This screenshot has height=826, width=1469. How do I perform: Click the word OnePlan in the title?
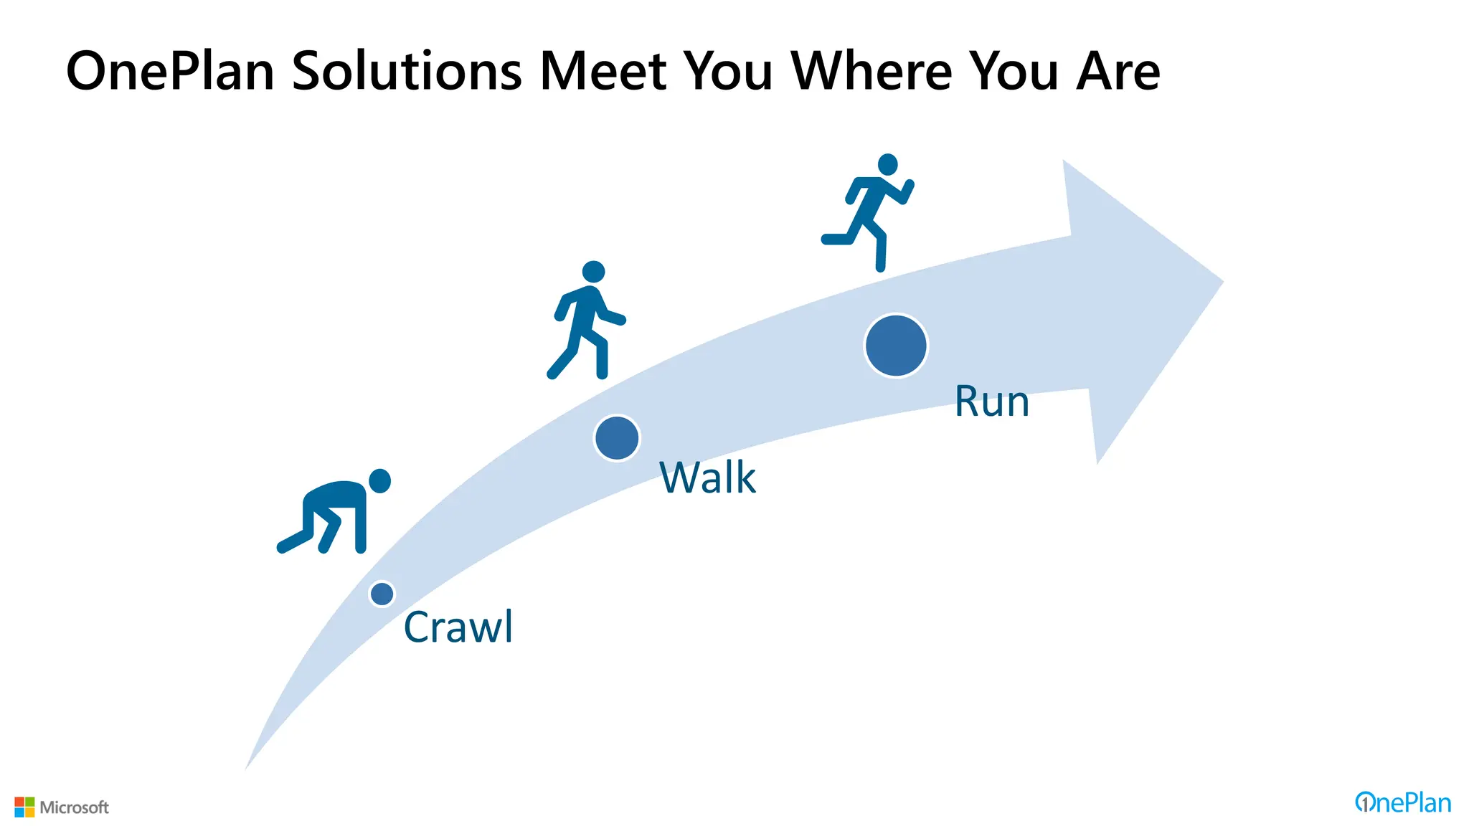170,72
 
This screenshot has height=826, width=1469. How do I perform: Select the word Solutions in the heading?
407,72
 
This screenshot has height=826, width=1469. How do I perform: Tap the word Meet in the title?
603,72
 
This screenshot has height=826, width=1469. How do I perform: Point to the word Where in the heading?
872,72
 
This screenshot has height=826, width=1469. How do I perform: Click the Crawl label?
458,627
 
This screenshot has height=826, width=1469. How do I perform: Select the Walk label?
707,478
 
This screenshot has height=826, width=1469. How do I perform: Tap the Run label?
991,402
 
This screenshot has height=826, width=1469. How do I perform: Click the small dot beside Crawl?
382,594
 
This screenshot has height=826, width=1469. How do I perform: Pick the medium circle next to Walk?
617,438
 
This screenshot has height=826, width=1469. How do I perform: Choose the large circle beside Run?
896,346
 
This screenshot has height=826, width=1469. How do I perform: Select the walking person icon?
587,321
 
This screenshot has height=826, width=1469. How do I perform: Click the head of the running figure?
888,164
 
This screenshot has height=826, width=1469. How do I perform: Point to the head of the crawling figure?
379,481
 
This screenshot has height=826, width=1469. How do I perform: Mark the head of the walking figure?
593,272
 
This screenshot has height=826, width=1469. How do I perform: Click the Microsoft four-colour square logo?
24,807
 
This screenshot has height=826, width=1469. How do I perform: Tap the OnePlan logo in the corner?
1402,803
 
